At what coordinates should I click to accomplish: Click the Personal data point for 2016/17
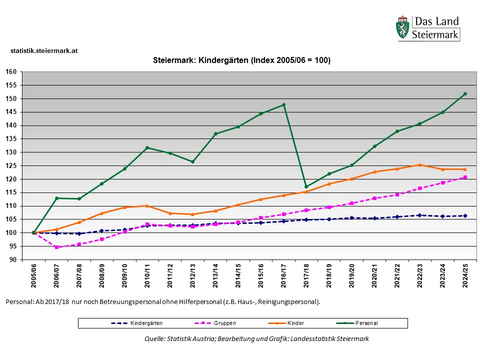(283, 104)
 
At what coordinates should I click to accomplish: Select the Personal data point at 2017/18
(306, 187)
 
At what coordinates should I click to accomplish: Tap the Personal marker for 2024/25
(465, 93)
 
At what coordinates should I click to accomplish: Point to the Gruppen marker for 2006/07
(56, 247)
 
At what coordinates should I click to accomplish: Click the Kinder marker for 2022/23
(419, 165)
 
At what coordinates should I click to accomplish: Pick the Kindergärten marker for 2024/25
(465, 215)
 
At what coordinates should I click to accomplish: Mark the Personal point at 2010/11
(147, 147)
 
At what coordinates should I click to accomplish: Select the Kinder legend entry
(295, 323)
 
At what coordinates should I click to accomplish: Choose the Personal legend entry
(366, 323)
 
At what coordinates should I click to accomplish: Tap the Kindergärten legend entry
(146, 323)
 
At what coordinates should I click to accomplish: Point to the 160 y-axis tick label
(11, 71)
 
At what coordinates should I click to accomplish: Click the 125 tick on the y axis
(11, 165)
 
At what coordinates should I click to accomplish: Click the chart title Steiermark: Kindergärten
(241, 60)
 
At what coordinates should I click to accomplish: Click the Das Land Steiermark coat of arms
(402, 28)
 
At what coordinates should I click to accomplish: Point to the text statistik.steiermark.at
(44, 50)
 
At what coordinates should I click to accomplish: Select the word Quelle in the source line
(154, 338)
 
